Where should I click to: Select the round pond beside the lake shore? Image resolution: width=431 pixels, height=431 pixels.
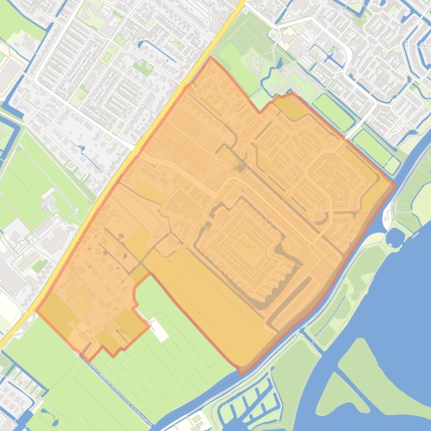395,237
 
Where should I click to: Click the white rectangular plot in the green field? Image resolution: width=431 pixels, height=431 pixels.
159,331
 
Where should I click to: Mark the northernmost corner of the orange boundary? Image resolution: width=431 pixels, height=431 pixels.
211,57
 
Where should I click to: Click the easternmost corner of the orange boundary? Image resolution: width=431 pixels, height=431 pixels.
395,184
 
